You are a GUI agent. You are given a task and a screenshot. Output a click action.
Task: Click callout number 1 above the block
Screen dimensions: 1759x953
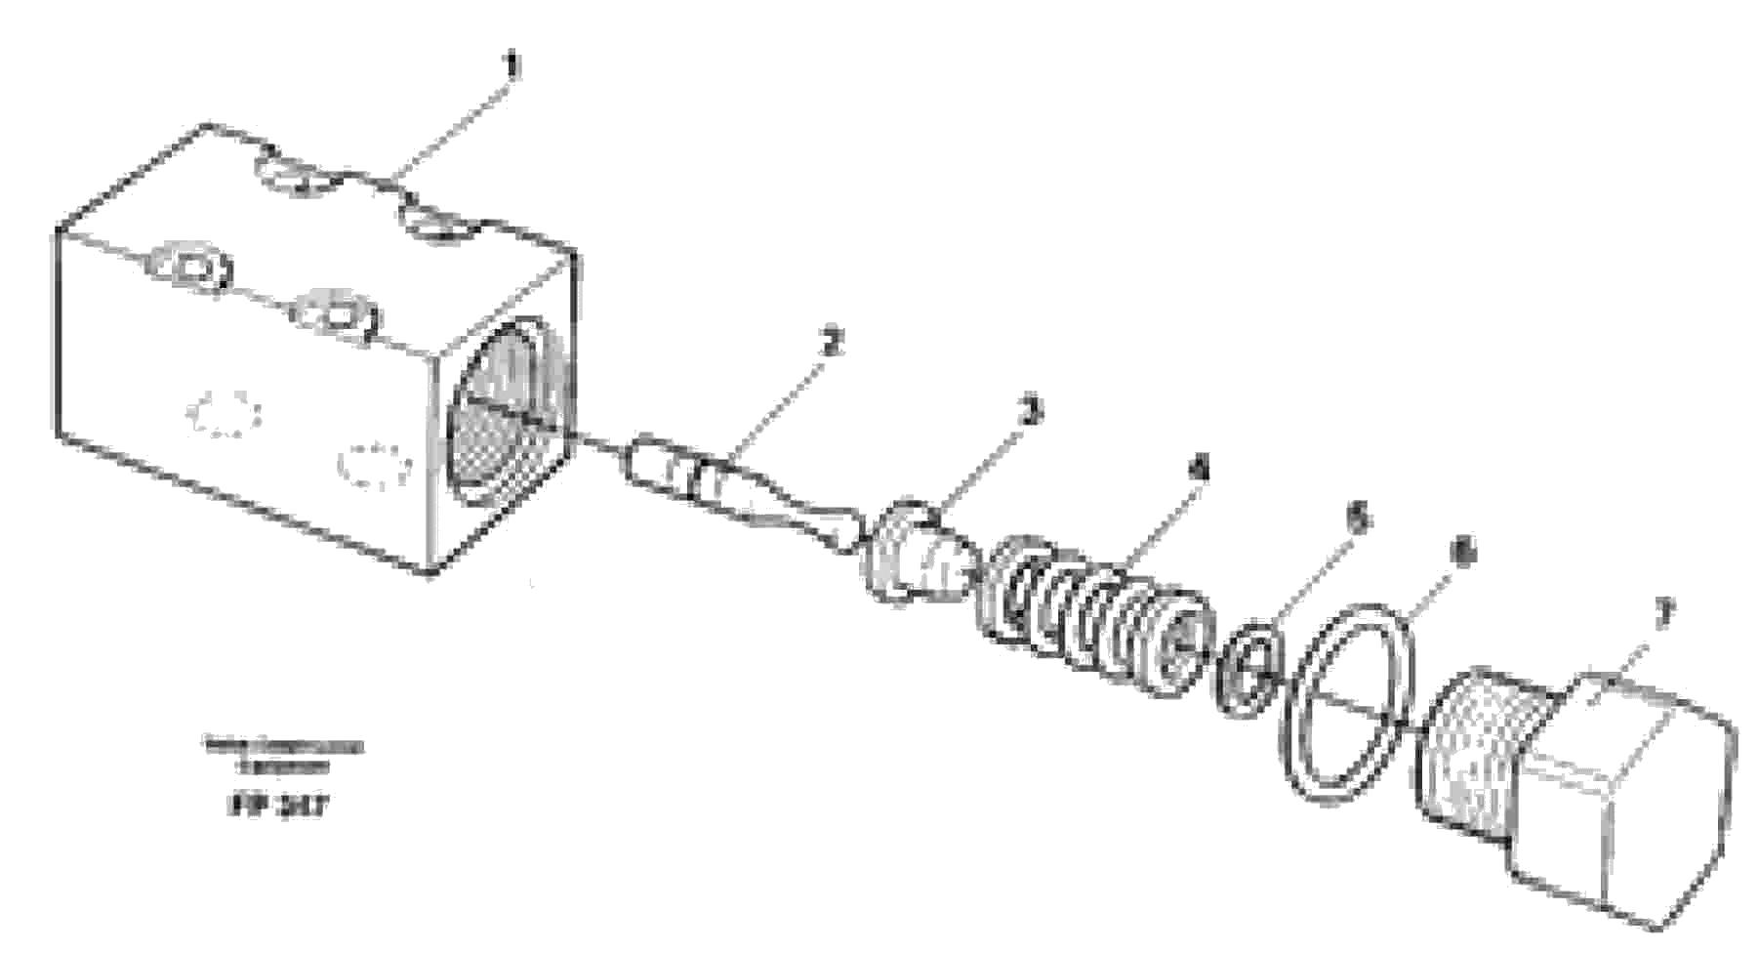511,67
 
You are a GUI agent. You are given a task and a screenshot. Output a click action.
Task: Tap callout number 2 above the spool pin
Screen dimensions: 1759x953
830,343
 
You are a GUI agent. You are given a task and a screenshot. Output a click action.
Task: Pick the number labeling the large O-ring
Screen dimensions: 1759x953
1461,555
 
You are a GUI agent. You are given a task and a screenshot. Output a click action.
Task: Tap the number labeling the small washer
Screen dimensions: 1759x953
1357,519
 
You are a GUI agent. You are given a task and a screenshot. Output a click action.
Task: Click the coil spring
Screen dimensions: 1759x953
1093,615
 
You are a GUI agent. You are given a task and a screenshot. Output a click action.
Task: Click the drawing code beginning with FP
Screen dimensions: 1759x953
278,807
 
